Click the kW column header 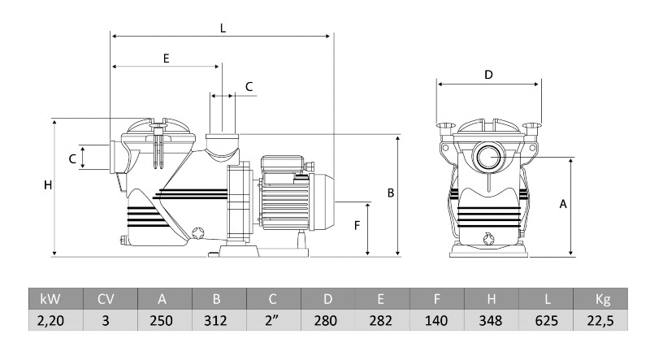(56, 299)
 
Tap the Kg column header (602, 299)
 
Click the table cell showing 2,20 (56, 320)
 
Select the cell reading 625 (547, 320)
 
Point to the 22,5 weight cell (602, 320)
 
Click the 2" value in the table (272, 320)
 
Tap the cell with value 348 (492, 320)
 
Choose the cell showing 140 (436, 320)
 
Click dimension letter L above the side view (223, 28)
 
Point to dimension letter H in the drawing (48, 185)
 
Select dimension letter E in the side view (166, 59)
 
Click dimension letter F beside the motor (356, 226)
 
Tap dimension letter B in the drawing (391, 193)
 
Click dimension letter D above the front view (488, 75)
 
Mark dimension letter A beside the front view (563, 205)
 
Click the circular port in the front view (488, 154)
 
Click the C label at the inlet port (72, 158)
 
